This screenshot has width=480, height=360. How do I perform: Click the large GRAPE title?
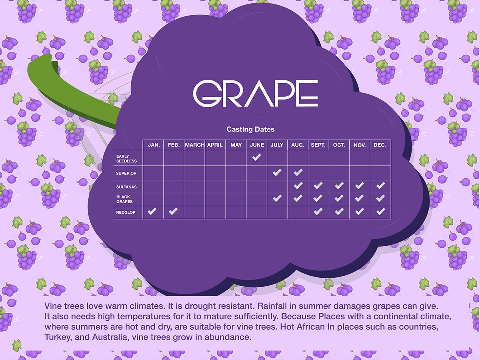256,93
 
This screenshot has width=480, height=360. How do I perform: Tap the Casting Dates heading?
250,129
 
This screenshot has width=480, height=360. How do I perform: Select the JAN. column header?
154,145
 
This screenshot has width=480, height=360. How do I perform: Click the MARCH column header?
195,145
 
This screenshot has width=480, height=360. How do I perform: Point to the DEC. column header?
380,145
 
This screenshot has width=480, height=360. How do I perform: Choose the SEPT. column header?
318,145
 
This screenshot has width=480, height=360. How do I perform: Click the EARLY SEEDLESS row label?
126,159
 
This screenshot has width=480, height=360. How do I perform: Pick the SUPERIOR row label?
126,173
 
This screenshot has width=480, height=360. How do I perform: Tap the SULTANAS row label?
126,187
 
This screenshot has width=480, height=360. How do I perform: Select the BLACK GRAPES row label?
124,199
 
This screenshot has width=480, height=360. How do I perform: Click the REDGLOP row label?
126,212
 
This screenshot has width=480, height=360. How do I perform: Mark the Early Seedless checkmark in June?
256,157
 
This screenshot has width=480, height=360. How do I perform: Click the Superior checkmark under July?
277,172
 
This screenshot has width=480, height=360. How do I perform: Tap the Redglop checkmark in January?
152,211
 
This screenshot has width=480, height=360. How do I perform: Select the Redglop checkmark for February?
173,211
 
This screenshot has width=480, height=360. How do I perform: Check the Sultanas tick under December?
381,186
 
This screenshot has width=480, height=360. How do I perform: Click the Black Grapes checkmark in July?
277,198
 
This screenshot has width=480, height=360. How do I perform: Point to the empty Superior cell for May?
236,173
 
